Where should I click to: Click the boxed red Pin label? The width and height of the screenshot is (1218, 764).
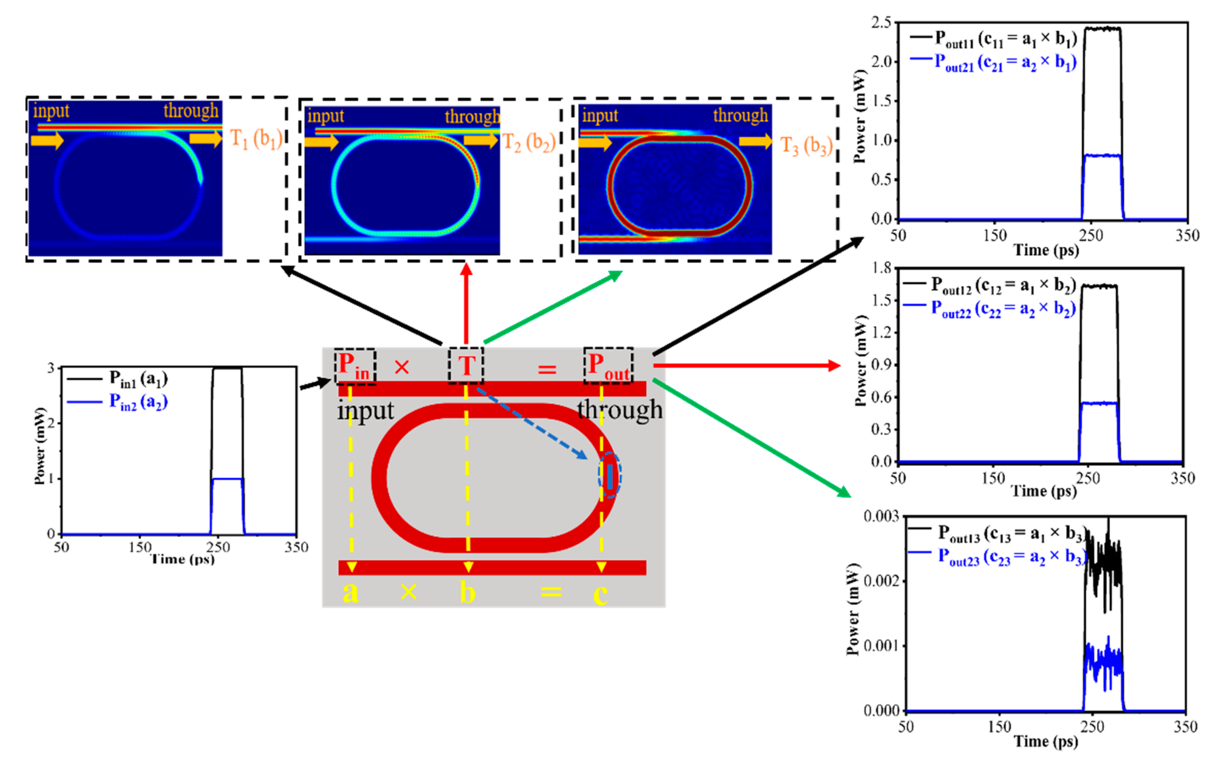[x=354, y=366]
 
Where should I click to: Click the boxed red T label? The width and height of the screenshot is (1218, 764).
[x=466, y=366]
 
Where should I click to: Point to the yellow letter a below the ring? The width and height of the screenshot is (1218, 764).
[x=350, y=592]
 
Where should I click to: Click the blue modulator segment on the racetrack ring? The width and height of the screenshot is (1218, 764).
[x=610, y=476]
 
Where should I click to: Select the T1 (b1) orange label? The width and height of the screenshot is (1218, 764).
[x=256, y=139]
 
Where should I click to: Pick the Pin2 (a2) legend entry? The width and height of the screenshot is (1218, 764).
[x=137, y=402]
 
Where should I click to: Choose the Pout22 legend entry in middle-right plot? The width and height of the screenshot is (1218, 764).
[x=1003, y=309]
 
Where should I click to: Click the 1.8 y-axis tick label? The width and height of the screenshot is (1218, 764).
[x=882, y=268]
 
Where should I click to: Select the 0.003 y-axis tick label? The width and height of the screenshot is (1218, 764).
[x=881, y=516]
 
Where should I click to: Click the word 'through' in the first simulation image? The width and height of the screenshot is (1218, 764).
[x=191, y=110]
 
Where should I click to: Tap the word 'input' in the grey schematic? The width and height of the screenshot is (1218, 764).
[x=365, y=410]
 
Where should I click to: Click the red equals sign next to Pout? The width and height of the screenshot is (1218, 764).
[x=546, y=370]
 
